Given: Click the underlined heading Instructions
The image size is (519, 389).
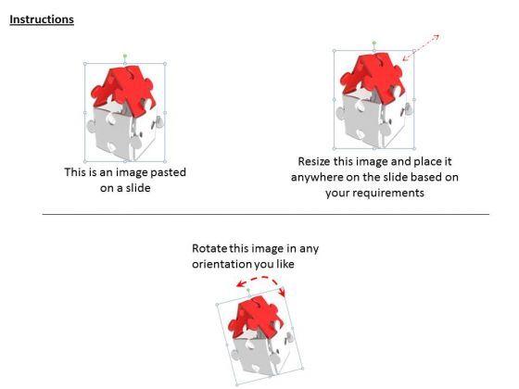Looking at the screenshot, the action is click(x=42, y=19).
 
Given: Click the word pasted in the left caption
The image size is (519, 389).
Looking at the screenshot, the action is click(x=167, y=172).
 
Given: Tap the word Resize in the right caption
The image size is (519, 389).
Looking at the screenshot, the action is click(x=314, y=161).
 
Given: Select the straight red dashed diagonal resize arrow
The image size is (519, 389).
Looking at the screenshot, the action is click(x=421, y=47).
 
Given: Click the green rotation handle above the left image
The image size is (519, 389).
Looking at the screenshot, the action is click(x=125, y=56).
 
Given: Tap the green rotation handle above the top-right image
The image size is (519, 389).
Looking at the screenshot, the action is click(x=374, y=43).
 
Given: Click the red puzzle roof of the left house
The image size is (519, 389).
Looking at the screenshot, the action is click(x=122, y=89).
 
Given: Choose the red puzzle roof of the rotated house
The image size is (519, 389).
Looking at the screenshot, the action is click(x=256, y=316).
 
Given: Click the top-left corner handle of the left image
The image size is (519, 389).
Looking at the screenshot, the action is click(x=85, y=64).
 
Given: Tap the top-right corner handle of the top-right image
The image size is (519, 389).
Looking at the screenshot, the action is click(x=414, y=51).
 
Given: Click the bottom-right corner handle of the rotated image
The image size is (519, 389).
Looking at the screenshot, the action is click(x=302, y=368).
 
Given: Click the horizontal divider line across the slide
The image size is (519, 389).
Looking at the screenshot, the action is click(x=266, y=214).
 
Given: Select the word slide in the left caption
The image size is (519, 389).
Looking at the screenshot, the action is click(x=138, y=188).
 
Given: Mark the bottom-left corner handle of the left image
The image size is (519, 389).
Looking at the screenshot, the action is click(x=85, y=162).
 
